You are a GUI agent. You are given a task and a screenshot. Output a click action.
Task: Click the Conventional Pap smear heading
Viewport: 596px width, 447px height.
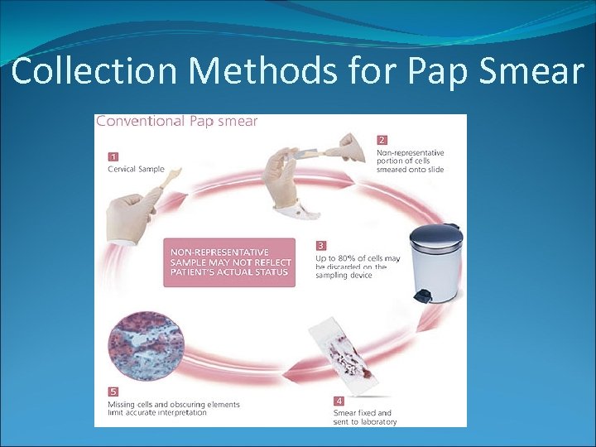(177, 121)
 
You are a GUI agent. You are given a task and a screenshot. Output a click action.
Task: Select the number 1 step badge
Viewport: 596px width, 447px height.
(113, 155)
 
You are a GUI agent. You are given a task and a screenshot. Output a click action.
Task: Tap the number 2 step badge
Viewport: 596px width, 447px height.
(382, 139)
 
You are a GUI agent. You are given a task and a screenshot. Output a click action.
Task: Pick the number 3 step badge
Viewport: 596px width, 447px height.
(321, 246)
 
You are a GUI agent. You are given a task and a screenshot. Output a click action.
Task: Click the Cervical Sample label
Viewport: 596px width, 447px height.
(137, 170)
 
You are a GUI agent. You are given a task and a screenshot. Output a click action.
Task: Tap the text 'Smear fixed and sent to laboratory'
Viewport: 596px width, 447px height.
(364, 416)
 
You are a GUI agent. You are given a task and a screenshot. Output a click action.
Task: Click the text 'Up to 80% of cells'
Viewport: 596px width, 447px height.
(358, 259)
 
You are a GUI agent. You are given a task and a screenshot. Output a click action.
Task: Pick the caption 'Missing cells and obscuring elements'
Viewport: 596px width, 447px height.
(174, 404)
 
